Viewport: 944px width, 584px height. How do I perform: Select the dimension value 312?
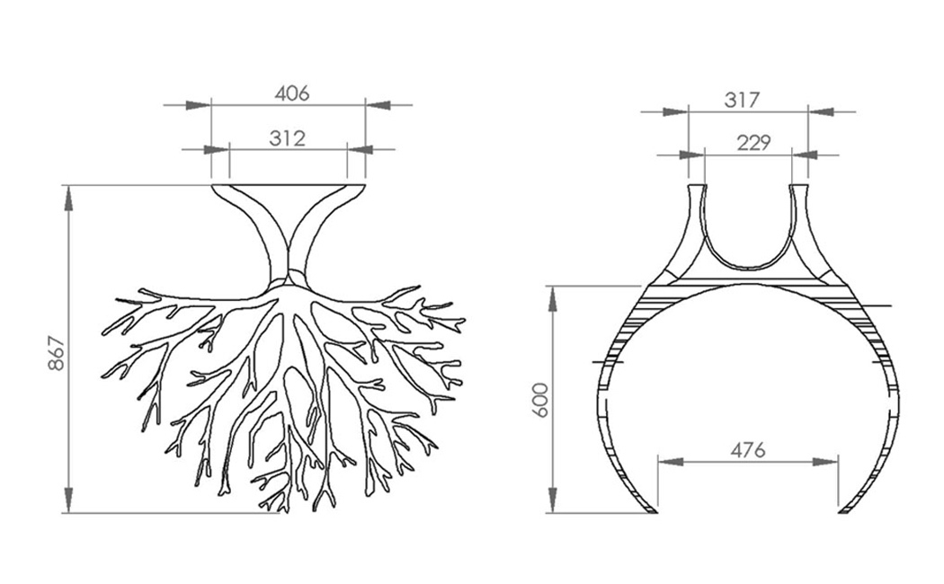pyautogui.click(x=288, y=138)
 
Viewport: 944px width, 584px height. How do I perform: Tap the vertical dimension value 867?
pyautogui.click(x=55, y=353)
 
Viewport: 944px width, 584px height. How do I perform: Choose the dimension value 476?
pyautogui.click(x=748, y=450)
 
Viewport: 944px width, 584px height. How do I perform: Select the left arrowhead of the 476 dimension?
pyautogui.click(x=672, y=462)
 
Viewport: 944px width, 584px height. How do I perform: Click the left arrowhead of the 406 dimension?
pyautogui.click(x=198, y=105)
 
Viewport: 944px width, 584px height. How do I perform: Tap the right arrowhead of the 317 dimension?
pyautogui.click(x=821, y=112)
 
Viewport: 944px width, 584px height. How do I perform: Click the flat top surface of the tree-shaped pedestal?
pyautogui.click(x=289, y=187)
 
